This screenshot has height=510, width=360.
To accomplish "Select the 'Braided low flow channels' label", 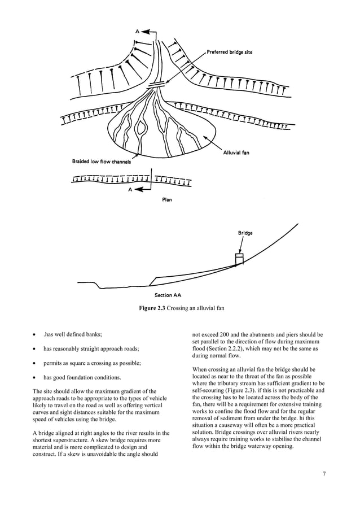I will [x=101, y=162].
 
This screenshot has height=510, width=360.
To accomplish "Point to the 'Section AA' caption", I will [x=168, y=294].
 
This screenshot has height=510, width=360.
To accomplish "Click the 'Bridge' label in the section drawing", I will [x=245, y=233].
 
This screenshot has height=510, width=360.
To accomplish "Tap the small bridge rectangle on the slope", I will [x=239, y=259].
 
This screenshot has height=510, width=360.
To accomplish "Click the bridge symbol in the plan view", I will [x=155, y=84].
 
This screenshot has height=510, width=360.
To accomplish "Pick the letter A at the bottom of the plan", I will [x=130, y=190].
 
